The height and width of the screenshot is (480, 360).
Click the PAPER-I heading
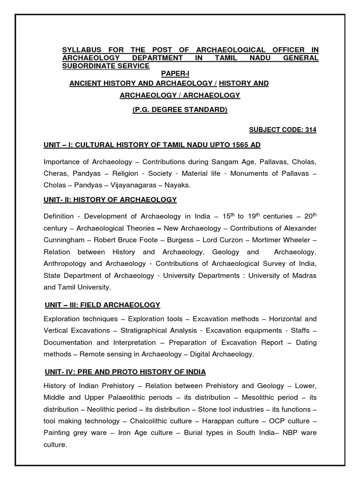[x=176, y=74]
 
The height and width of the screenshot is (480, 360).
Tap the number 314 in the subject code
[x=311, y=130]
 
